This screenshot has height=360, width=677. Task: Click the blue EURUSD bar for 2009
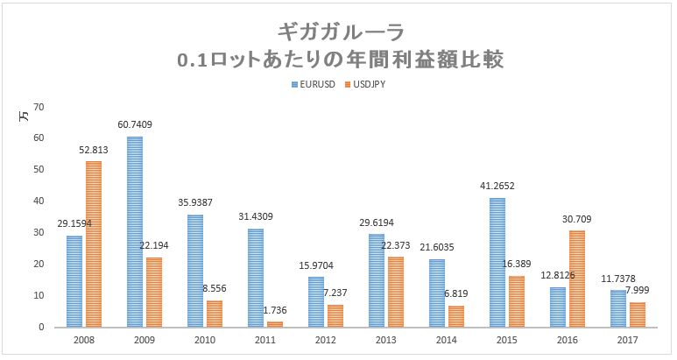[x=134, y=232]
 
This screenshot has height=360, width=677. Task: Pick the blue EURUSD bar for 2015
[x=497, y=262]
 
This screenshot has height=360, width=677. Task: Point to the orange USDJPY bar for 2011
[x=275, y=324]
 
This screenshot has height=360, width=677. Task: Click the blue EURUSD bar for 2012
[x=315, y=301]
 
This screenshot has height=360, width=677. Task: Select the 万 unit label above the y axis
[x=25, y=115]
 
